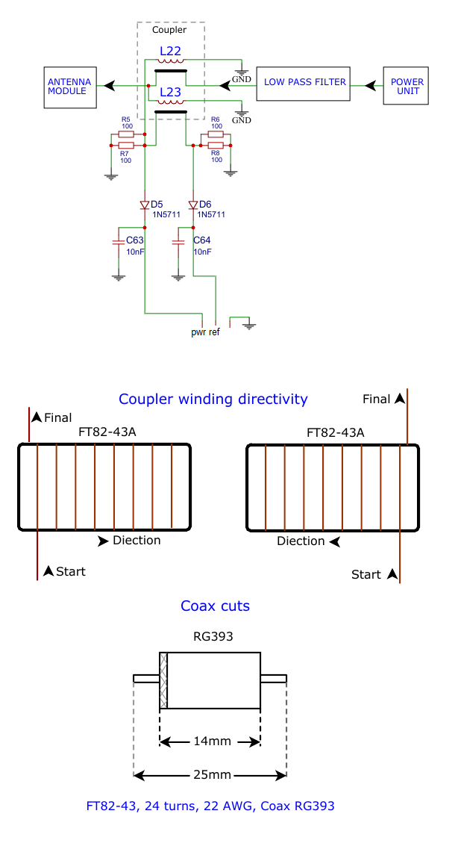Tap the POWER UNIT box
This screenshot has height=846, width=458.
(x=407, y=87)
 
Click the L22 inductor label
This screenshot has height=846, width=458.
(x=170, y=52)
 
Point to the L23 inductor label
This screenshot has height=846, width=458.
(x=170, y=93)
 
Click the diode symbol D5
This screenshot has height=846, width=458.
(x=145, y=205)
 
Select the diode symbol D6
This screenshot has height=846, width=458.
(x=193, y=205)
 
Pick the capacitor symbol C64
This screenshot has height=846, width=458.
(x=178, y=242)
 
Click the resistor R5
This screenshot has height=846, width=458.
(x=126, y=134)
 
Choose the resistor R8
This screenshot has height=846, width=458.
(x=216, y=146)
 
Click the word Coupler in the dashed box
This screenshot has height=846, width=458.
(x=169, y=31)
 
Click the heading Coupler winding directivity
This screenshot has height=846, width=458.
(x=213, y=399)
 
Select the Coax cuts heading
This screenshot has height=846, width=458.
(x=215, y=606)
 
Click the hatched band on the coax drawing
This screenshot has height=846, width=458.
(x=163, y=680)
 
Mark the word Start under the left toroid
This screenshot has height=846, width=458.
(x=71, y=571)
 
